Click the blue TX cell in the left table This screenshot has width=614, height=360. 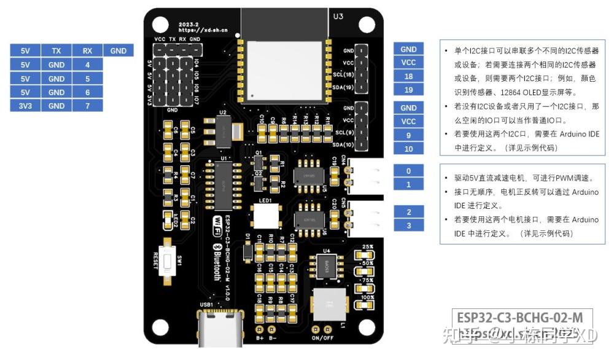pyautogui.click(x=56, y=51)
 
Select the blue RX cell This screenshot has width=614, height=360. pyautogui.click(x=88, y=51)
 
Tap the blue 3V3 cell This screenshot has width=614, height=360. pyautogui.click(x=25, y=106)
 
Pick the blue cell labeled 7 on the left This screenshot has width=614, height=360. pyautogui.click(x=88, y=106)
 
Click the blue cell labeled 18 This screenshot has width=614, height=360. pyautogui.click(x=408, y=76)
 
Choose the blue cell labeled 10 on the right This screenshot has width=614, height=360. pyautogui.click(x=408, y=149)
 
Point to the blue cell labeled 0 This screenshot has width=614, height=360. pyautogui.click(x=408, y=171)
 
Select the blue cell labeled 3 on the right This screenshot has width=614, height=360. pyautogui.click(x=408, y=225)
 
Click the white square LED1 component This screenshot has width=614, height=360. pyautogui.click(x=265, y=216)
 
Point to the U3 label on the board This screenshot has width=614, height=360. pyautogui.click(x=338, y=17)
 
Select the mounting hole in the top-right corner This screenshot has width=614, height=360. pyautogui.click(x=367, y=24)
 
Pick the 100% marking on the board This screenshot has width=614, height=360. pyautogui.click(x=368, y=297)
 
